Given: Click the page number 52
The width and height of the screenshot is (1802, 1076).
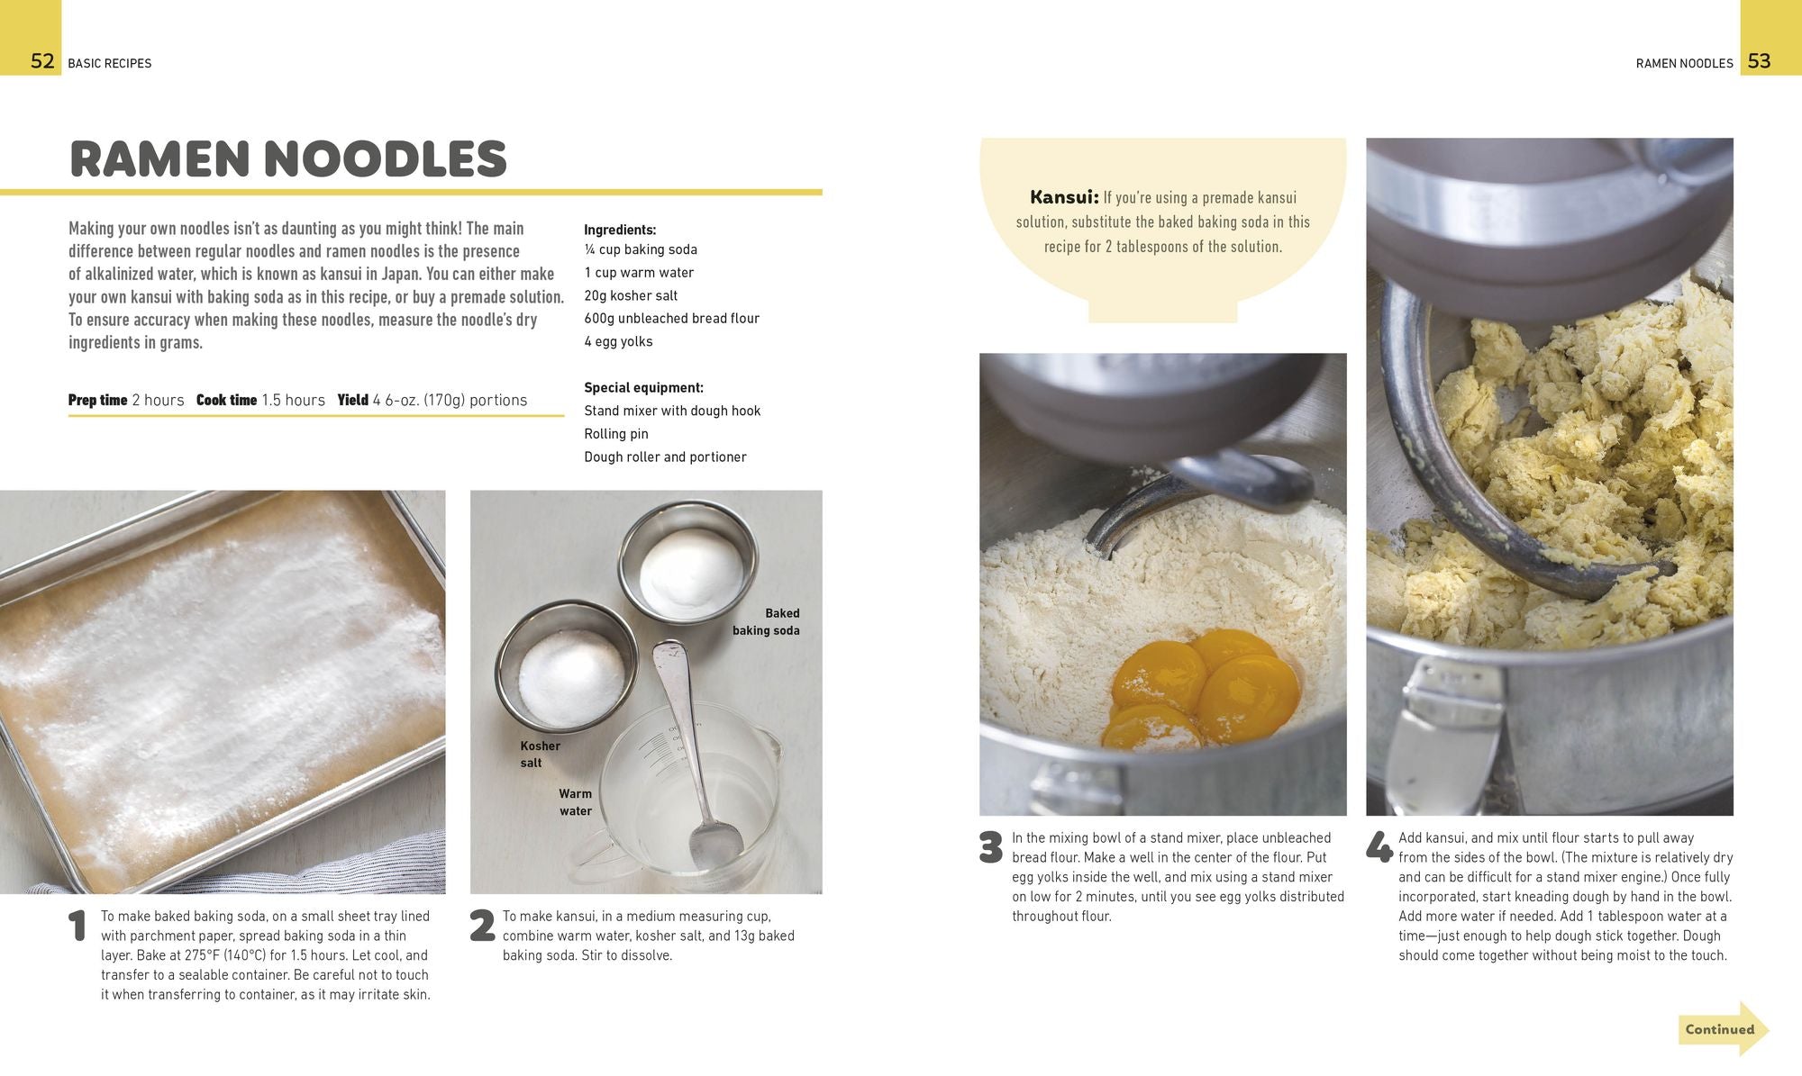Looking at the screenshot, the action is (x=42, y=61).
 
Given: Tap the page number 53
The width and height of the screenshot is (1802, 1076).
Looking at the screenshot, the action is (x=1759, y=61).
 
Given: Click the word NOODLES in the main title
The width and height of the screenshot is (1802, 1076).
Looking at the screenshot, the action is (x=385, y=158).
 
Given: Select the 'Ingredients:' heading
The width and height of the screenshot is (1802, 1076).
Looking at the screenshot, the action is (x=620, y=230).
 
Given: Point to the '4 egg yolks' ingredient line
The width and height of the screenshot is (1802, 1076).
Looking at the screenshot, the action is (x=618, y=341).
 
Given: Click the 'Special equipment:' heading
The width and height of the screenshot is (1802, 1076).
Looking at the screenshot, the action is (x=643, y=388).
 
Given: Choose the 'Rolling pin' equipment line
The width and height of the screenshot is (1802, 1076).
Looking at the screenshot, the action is (x=616, y=434).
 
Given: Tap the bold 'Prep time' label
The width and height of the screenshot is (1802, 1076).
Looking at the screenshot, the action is (x=98, y=400).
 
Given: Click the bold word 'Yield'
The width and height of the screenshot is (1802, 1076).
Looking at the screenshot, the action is (x=353, y=400).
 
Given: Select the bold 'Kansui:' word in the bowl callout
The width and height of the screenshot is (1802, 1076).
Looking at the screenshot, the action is (x=1064, y=197).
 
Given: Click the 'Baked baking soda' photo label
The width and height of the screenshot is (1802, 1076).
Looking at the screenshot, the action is (x=766, y=621).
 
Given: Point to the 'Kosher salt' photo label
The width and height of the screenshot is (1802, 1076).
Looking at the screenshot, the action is (x=540, y=754).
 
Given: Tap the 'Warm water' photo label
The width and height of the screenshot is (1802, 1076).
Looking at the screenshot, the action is (x=575, y=802).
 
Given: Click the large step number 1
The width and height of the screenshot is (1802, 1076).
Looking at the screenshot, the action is (x=78, y=927).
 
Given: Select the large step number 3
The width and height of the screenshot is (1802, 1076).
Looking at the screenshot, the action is (x=990, y=847).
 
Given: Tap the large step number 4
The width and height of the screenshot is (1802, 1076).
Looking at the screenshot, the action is (x=1379, y=847).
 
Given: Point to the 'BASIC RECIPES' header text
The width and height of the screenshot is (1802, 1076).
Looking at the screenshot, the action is (x=110, y=63).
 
